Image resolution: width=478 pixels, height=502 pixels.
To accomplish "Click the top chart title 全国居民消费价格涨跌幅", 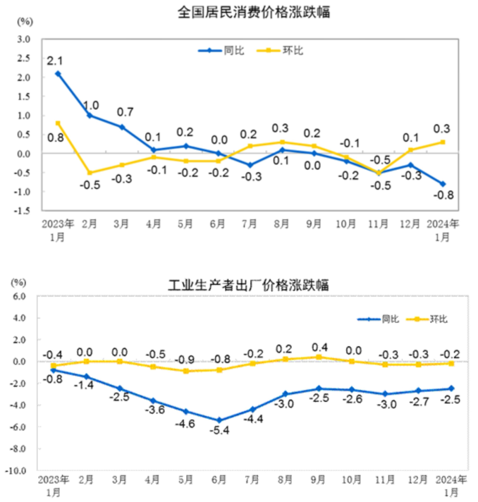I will [x=254, y=12].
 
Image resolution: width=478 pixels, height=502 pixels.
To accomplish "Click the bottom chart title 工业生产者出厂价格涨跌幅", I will [x=248, y=285].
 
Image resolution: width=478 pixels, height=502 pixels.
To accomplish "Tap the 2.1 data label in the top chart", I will [x=55, y=61].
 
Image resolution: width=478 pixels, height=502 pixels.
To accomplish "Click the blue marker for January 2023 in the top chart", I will [x=58, y=74].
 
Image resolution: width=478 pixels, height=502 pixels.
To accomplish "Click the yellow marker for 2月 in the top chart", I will [x=89, y=172].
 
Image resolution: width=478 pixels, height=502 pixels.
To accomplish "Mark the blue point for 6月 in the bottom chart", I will [x=219, y=420].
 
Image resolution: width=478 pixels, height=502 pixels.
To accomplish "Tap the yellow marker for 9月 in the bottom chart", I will [x=319, y=357].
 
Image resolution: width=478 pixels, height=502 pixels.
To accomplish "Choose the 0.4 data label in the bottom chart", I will [x=320, y=347].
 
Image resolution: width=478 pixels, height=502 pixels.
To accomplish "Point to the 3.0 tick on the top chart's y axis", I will [x=23, y=39].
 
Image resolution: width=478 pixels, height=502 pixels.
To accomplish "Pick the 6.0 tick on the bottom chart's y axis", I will [x=19, y=296].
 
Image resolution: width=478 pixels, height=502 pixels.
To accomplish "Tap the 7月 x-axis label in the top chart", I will [x=249, y=224].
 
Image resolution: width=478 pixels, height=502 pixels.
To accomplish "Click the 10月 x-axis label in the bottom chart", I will [x=351, y=479].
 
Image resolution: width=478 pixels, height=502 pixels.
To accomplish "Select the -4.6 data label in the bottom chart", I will [x=185, y=423].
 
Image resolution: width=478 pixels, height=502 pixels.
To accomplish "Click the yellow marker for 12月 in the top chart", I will [x=410, y=150].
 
